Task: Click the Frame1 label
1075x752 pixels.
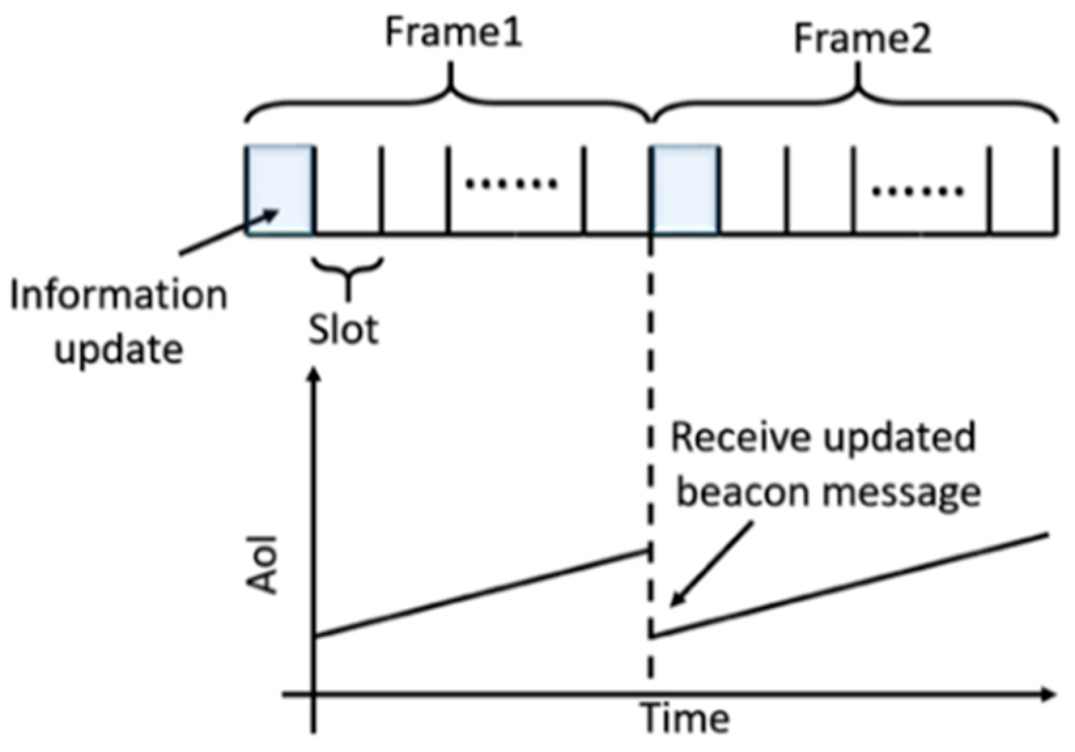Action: pyautogui.click(x=453, y=32)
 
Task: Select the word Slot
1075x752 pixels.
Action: pyautogui.click(x=343, y=329)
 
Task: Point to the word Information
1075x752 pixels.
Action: pyautogui.click(x=118, y=296)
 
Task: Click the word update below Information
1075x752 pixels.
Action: pyautogui.click(x=118, y=349)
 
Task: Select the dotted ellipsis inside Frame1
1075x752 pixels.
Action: pyautogui.click(x=511, y=184)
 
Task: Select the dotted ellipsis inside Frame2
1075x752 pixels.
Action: pyautogui.click(x=917, y=192)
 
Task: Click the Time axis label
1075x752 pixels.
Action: pyautogui.click(x=685, y=718)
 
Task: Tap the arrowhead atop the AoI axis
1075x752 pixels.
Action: pyautogui.click(x=315, y=375)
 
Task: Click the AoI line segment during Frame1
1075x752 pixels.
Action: pyautogui.click(x=481, y=593)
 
